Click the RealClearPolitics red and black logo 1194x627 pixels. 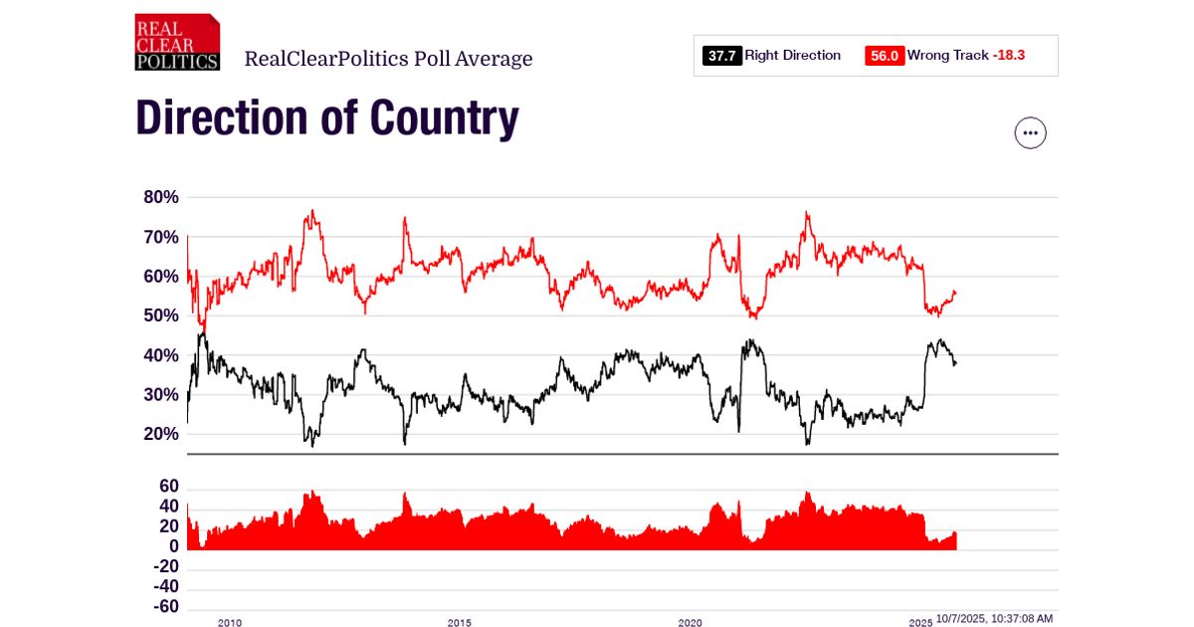(177, 42)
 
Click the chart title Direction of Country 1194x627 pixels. (326, 118)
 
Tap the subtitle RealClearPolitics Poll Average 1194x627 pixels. (388, 59)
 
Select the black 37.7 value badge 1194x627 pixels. (721, 56)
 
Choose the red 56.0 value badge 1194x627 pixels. (885, 56)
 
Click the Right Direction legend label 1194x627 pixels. (793, 56)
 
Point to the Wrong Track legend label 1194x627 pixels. (947, 56)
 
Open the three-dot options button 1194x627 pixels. (1030, 132)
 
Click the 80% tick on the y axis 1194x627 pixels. (161, 197)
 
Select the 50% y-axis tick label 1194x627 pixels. (161, 315)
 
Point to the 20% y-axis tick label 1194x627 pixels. (161, 434)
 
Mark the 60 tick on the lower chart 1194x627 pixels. (168, 487)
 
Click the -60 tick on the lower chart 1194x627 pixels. (165, 607)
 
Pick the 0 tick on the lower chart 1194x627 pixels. (173, 546)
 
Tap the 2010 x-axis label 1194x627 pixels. (229, 623)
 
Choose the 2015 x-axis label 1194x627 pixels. (460, 623)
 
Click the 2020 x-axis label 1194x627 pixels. (690, 623)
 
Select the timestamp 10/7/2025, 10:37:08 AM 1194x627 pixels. (994, 619)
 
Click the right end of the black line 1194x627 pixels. (955, 364)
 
